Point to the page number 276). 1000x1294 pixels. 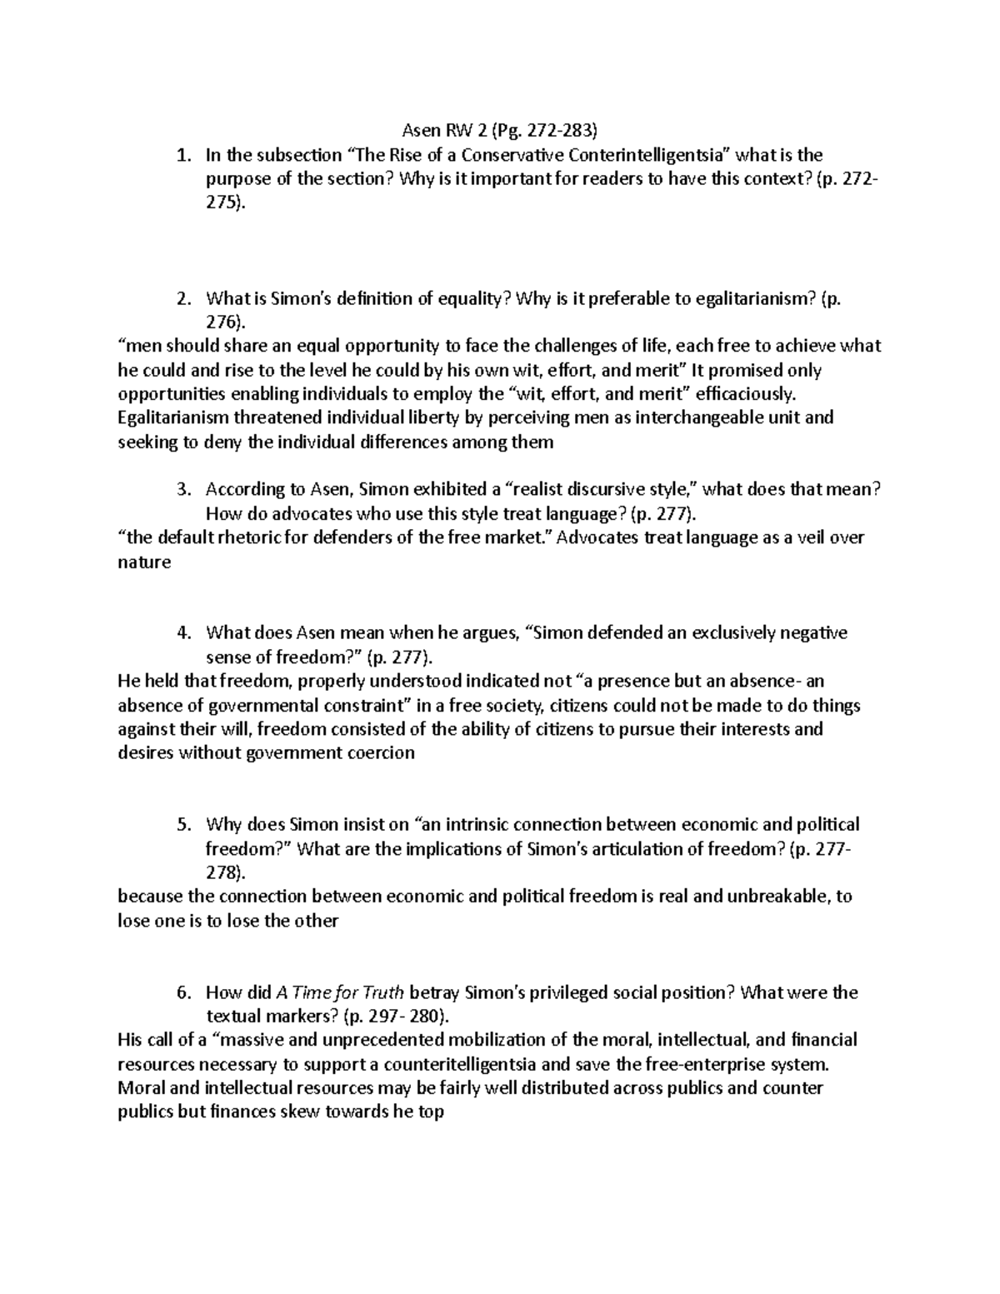(x=226, y=322)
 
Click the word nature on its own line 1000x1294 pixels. (x=144, y=562)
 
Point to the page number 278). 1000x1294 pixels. (x=226, y=872)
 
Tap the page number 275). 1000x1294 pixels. (x=226, y=202)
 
